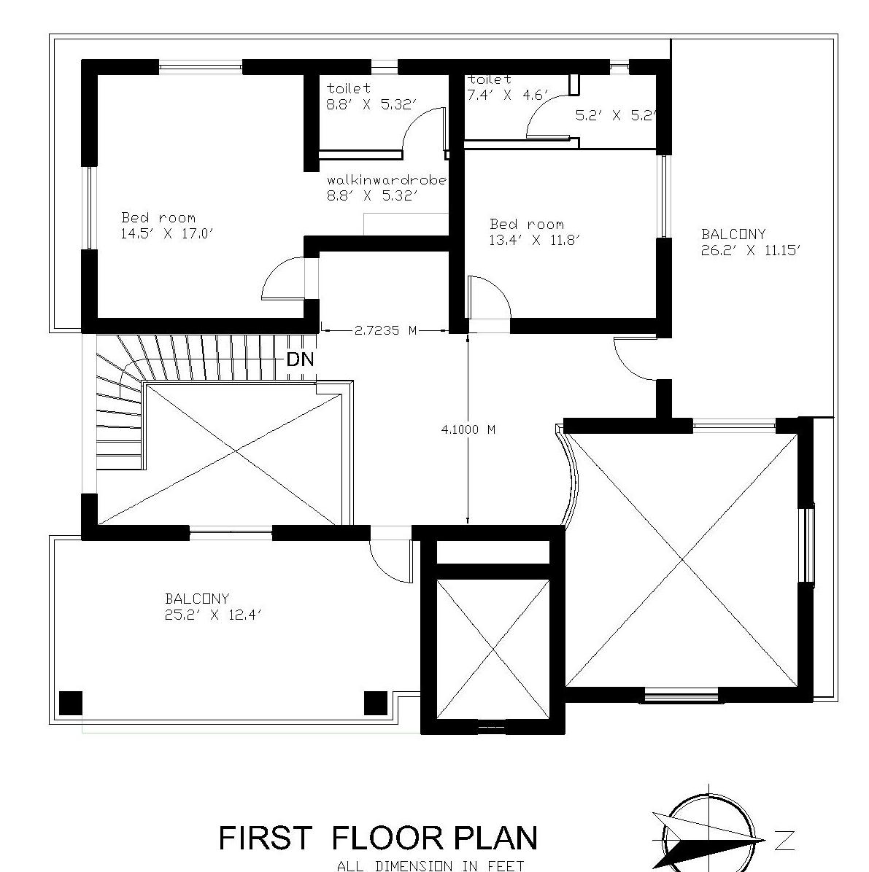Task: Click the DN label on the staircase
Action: click(x=301, y=359)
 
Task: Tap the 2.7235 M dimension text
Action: click(x=385, y=330)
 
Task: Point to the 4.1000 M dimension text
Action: click(x=468, y=429)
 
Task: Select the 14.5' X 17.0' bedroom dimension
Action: click(x=167, y=233)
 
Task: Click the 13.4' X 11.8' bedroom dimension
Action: click(x=535, y=241)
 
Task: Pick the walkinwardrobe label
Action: click(x=387, y=180)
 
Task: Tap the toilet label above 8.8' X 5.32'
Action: click(x=349, y=88)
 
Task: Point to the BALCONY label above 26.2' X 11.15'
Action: click(x=733, y=233)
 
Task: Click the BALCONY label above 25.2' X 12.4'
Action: click(x=197, y=599)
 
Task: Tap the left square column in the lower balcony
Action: click(x=71, y=703)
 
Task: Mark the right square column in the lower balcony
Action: click(x=376, y=703)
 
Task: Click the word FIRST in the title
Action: click(x=266, y=838)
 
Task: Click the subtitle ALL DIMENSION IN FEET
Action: click(x=430, y=865)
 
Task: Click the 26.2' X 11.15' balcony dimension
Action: click(x=750, y=250)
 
